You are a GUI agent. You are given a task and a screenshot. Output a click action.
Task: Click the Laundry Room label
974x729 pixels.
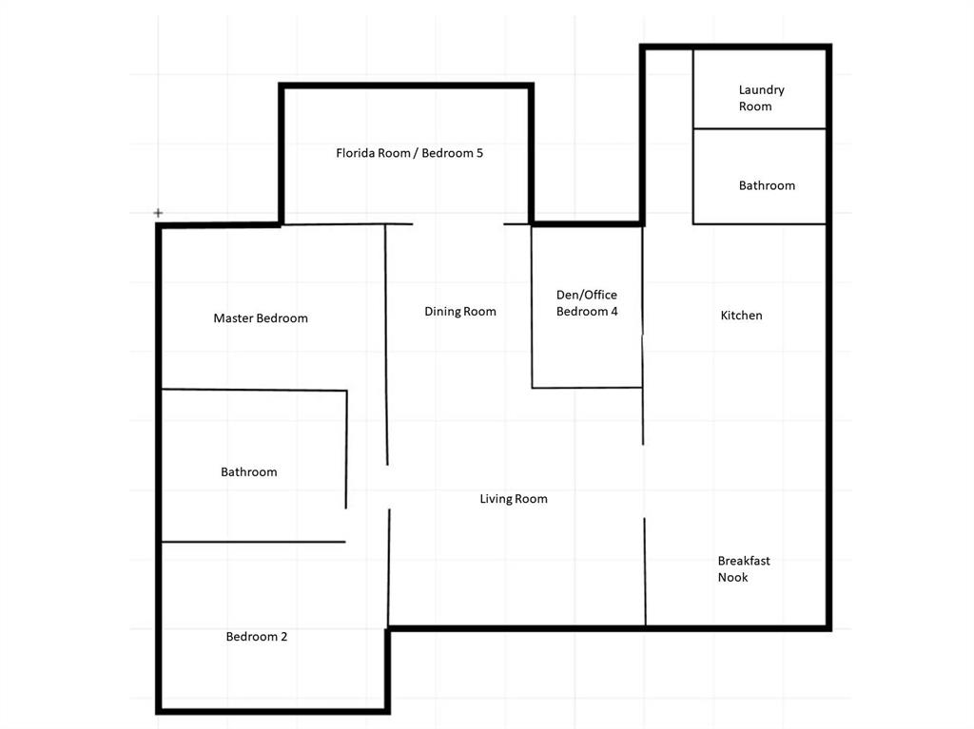pos(762,98)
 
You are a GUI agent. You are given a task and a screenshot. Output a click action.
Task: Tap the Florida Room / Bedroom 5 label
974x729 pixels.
pos(409,153)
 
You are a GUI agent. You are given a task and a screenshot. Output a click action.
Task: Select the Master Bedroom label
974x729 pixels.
pos(261,318)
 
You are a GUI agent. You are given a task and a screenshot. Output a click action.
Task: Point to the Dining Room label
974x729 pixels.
pos(460,311)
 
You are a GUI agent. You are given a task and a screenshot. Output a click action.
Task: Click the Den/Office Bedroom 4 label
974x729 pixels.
pos(587,303)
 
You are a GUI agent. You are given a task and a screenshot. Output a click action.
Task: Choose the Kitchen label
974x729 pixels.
pos(741,315)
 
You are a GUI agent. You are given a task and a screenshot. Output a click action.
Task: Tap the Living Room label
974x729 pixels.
pos(514,499)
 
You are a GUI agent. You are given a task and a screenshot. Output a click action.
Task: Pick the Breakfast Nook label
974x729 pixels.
pos(744,568)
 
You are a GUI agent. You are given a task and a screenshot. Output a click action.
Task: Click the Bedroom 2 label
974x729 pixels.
pos(257,637)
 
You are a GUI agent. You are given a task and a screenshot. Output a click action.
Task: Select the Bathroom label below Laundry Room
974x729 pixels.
pos(767,185)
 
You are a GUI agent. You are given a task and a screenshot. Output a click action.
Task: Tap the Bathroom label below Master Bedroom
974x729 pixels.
pos(248,472)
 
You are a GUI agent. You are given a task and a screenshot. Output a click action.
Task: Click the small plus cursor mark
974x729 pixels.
pos(159,213)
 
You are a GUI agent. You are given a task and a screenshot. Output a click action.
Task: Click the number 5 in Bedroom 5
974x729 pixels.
pos(479,153)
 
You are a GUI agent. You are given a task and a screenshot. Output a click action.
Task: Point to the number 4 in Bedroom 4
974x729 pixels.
pos(614,311)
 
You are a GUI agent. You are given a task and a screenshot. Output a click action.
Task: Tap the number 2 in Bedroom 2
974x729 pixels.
pos(283,637)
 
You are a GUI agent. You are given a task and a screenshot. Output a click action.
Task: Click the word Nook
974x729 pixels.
pos(733,577)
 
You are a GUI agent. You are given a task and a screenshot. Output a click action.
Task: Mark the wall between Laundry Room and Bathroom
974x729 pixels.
pos(760,128)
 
